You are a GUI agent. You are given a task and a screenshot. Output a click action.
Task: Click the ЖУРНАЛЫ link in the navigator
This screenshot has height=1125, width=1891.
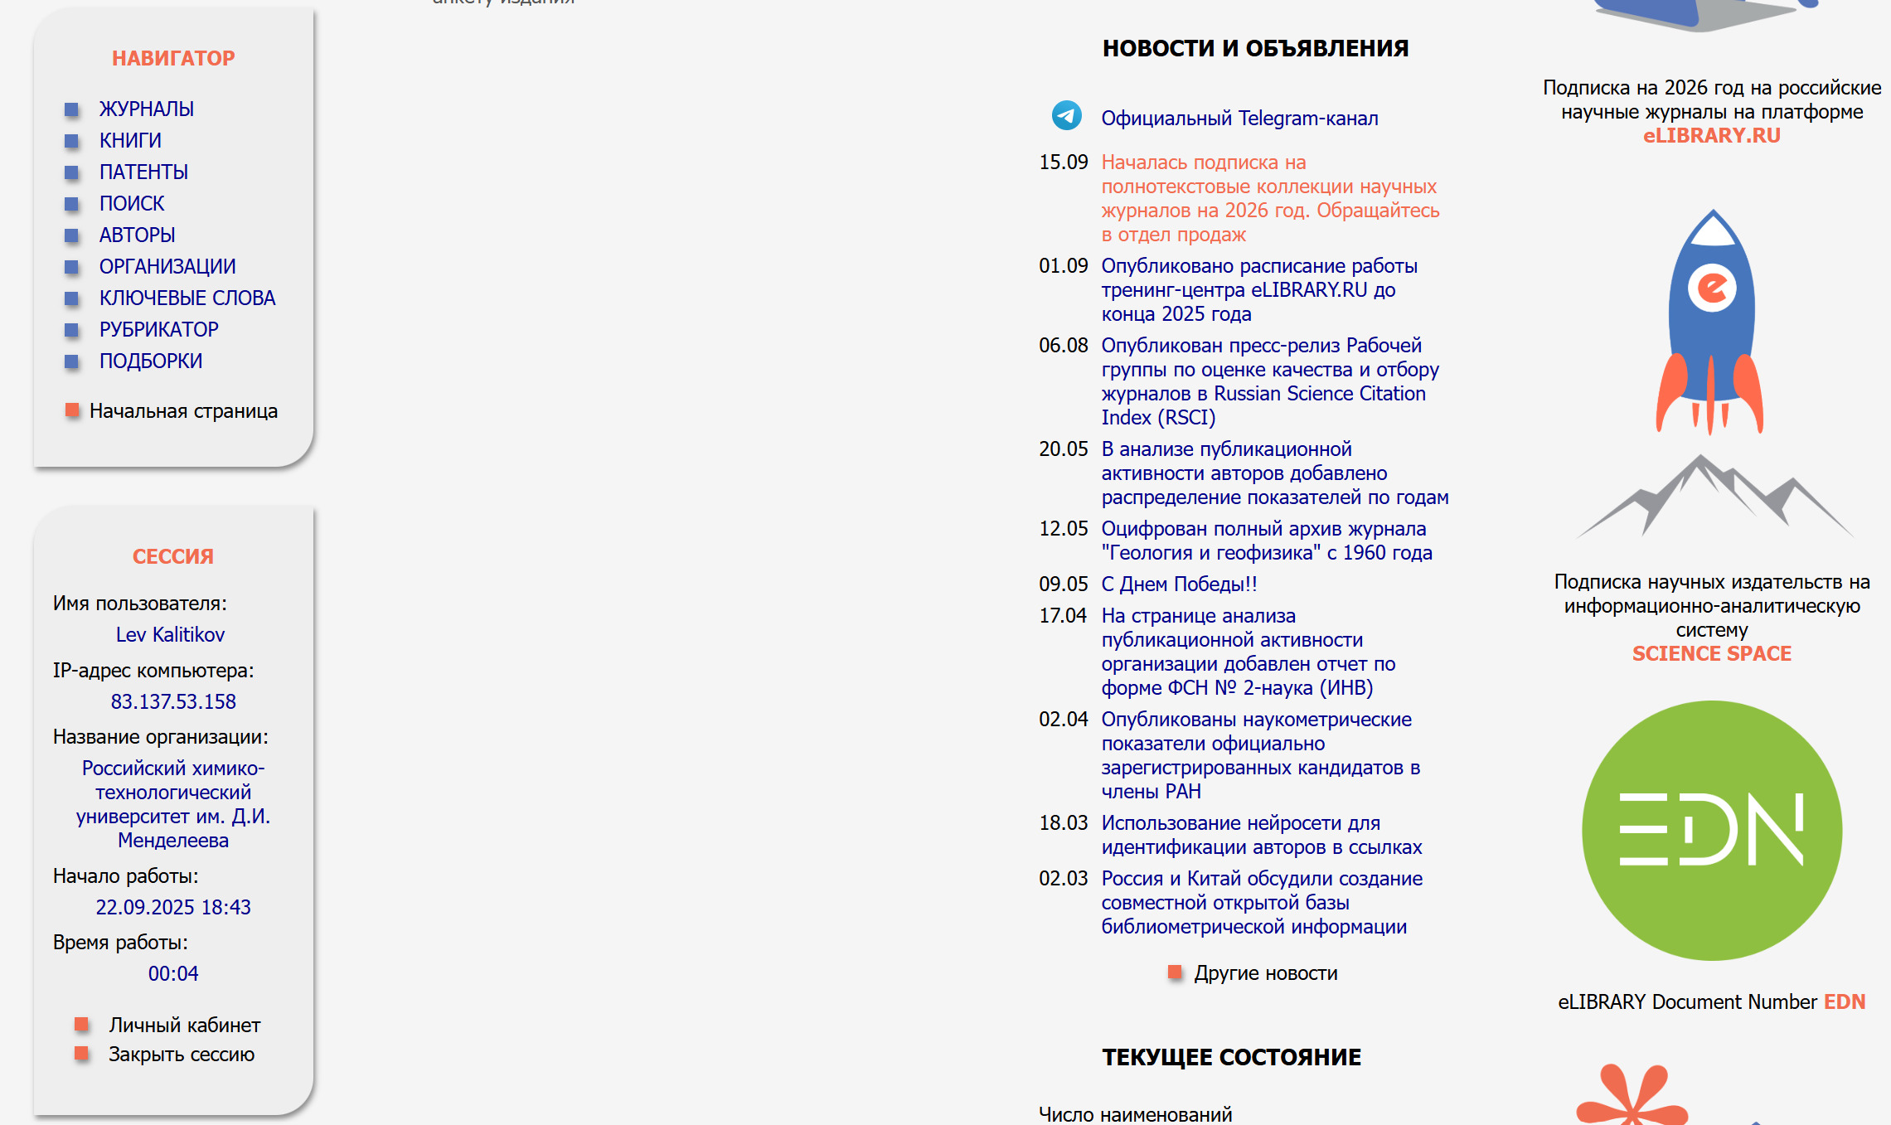click(146, 109)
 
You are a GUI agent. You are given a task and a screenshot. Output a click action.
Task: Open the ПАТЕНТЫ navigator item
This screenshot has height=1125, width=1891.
click(143, 172)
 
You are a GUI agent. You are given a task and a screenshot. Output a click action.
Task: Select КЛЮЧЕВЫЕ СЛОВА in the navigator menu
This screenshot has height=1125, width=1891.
click(187, 298)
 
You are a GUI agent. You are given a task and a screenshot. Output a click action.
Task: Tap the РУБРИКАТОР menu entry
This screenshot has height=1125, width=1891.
click(158, 329)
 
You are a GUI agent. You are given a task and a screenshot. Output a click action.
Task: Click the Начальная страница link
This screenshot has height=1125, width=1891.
click(183, 411)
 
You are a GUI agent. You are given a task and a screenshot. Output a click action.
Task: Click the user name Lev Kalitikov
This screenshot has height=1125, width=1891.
click(170, 634)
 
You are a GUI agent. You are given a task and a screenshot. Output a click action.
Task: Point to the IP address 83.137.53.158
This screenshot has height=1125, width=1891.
click(173, 701)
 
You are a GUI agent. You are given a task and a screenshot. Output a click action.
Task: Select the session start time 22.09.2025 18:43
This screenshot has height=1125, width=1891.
click(173, 907)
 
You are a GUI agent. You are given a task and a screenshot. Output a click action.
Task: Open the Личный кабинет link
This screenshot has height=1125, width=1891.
click(184, 1026)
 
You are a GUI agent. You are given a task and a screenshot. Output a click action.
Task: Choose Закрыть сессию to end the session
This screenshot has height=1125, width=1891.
click(181, 1055)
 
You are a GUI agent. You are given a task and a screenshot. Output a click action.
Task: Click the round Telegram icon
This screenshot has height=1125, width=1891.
click(1066, 115)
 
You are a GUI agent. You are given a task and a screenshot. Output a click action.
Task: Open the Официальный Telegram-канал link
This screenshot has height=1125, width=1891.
click(1239, 119)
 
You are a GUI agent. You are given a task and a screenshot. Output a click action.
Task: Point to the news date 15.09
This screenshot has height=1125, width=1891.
click(1063, 162)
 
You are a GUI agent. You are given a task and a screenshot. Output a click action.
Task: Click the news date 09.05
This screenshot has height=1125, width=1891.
click(1063, 584)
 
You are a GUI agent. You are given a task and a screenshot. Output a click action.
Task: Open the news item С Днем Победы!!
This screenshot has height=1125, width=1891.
click(1179, 584)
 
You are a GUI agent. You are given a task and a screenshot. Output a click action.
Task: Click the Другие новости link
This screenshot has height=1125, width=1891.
click(1265, 973)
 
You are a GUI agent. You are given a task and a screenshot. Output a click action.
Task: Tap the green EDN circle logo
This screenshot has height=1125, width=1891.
click(1711, 830)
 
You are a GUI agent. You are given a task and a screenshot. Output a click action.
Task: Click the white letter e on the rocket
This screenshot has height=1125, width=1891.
click(1712, 288)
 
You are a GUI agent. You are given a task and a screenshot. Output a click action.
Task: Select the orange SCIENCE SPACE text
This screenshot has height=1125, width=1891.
click(1711, 654)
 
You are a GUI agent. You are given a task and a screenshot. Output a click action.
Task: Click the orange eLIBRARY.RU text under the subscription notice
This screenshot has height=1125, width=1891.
click(1711, 136)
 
